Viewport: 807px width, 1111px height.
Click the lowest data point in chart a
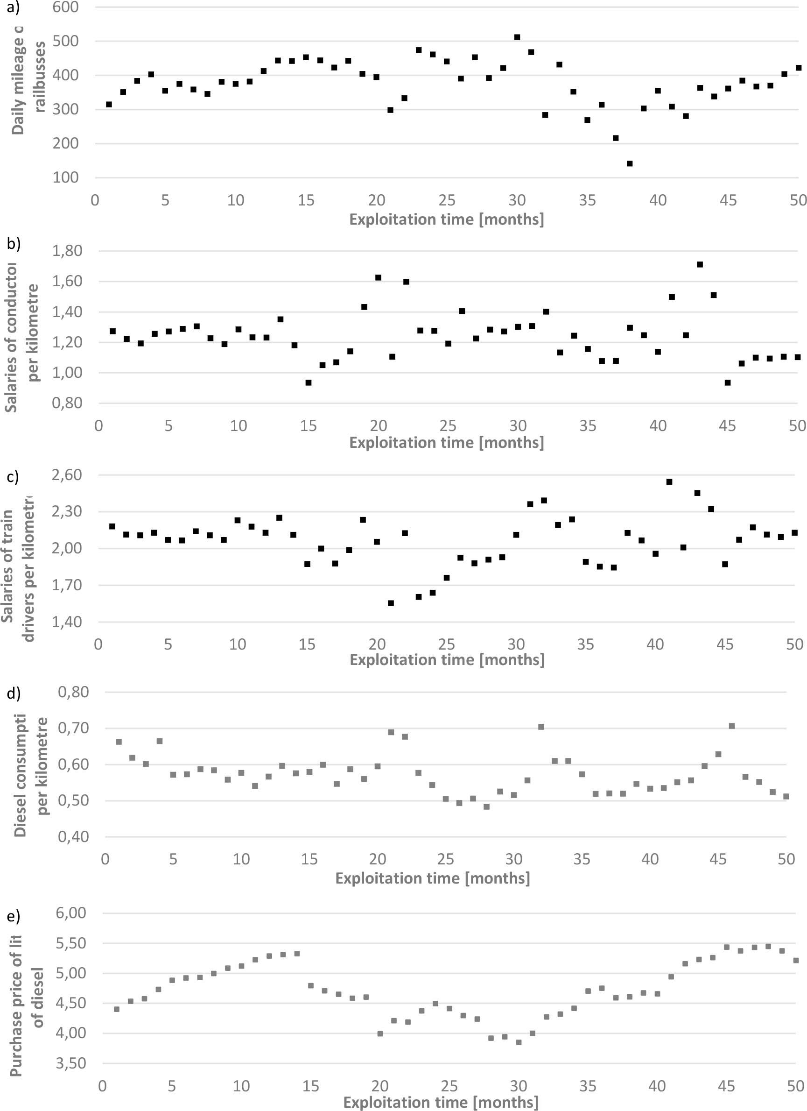click(630, 163)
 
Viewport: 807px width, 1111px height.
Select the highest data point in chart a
click(517, 37)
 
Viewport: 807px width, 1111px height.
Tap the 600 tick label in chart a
click(66, 7)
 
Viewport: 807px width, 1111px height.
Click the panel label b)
click(13, 243)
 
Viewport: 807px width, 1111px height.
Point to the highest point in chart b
click(700, 264)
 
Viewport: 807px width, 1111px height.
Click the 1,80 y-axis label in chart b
click(68, 251)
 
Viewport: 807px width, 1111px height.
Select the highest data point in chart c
click(669, 481)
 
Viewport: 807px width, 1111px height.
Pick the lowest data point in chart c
click(391, 603)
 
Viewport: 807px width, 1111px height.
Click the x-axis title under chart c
click(447, 660)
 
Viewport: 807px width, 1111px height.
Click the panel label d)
click(13, 693)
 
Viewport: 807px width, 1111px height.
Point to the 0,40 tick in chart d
click(73, 837)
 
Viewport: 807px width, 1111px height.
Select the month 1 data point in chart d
click(119, 742)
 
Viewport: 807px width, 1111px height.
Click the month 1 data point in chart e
click(117, 1009)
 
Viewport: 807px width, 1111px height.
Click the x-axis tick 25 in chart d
click(446, 859)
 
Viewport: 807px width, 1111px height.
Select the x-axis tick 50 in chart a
click(798, 200)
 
